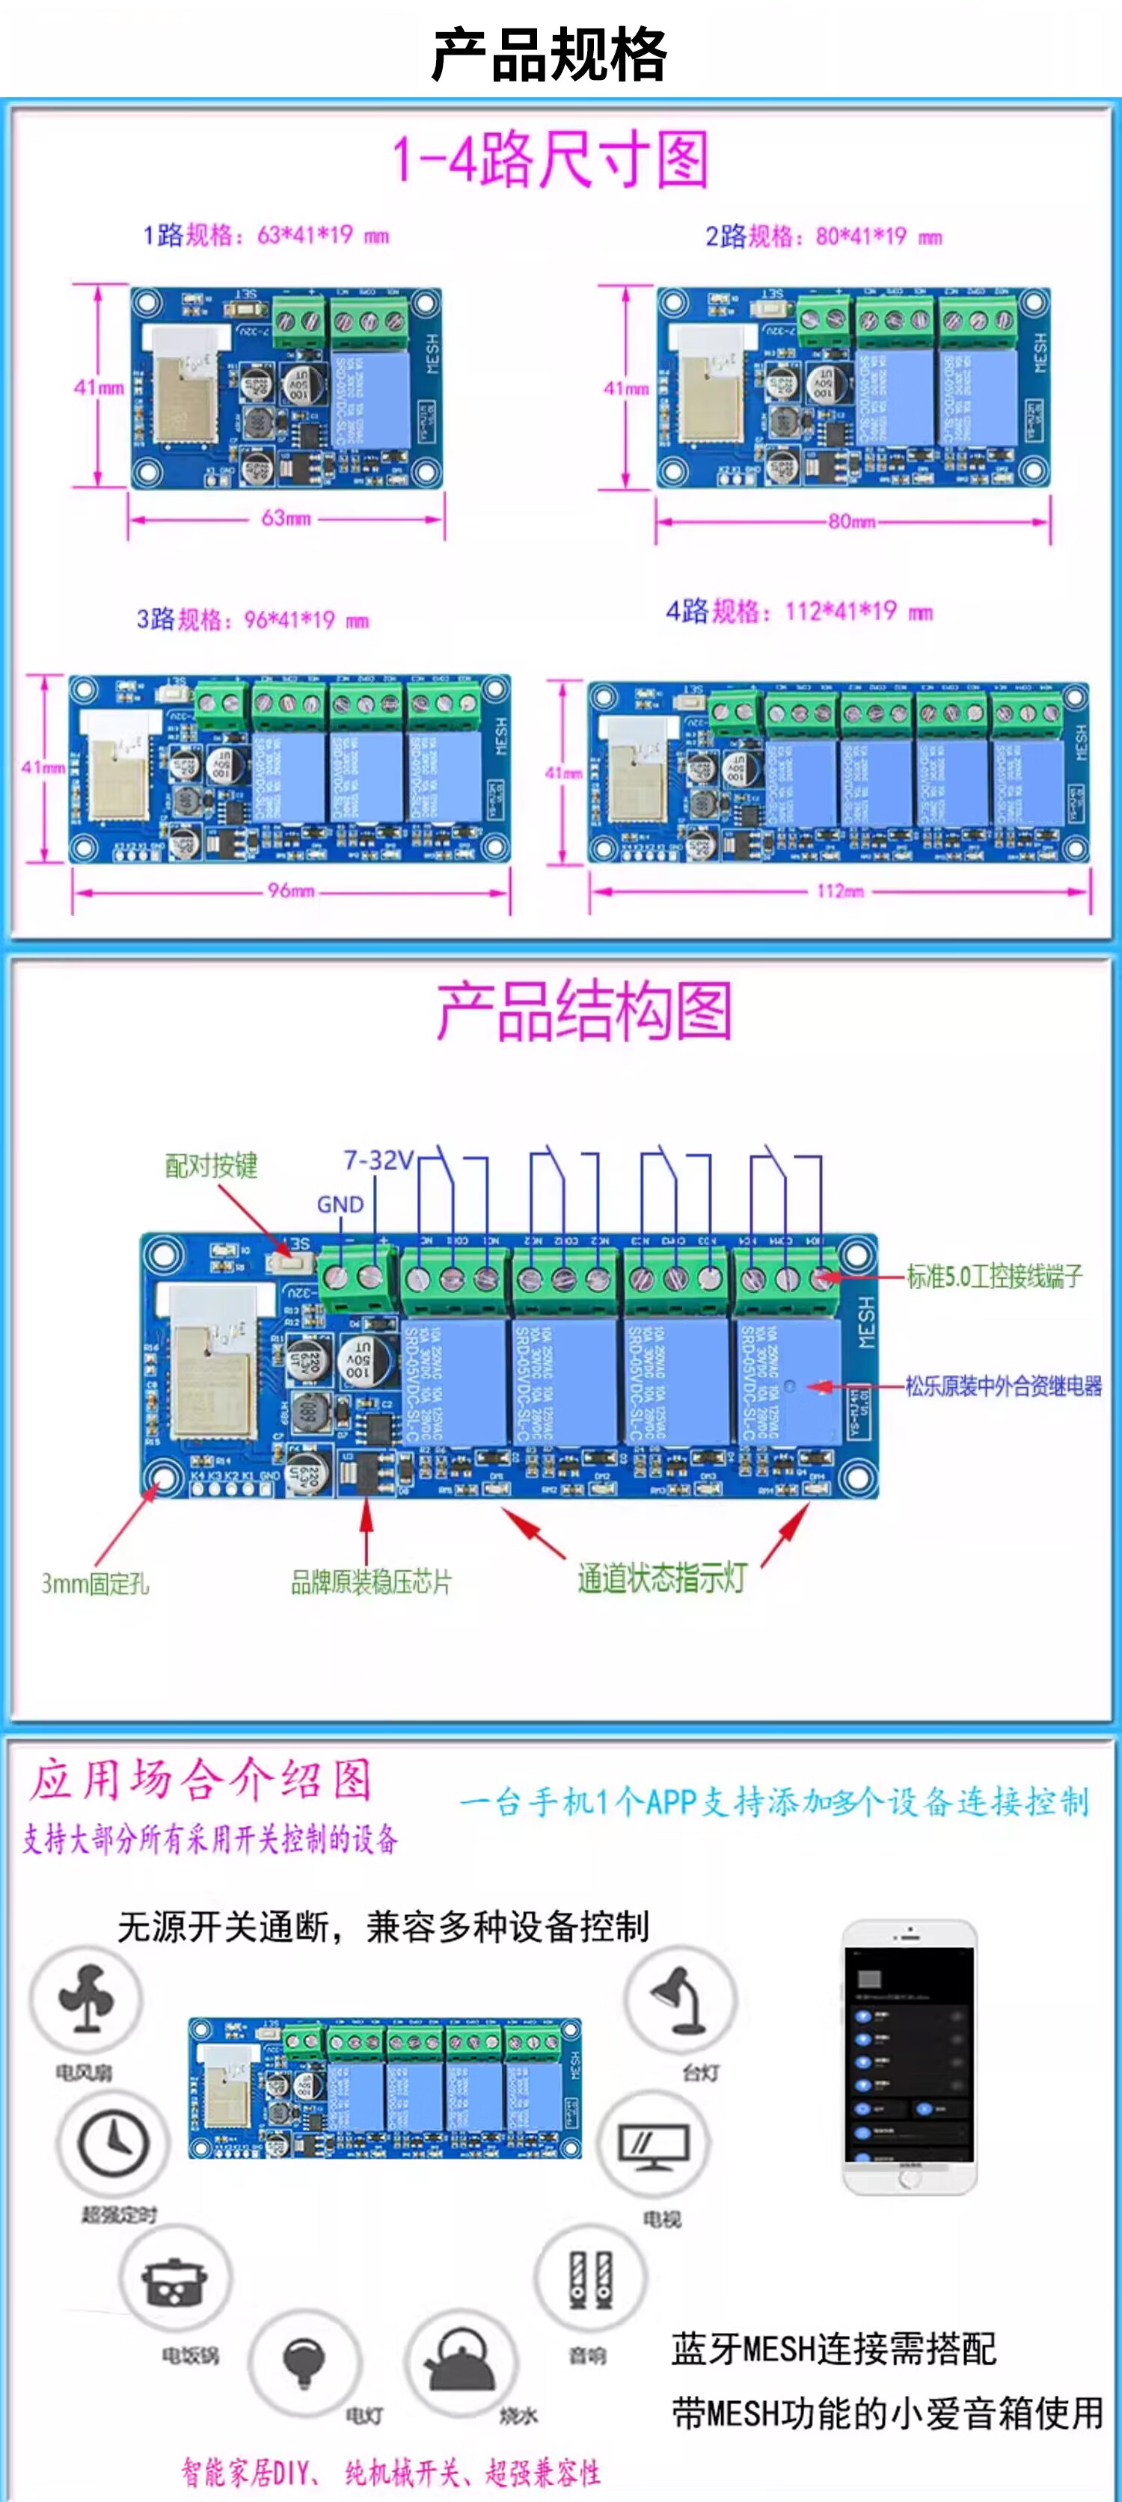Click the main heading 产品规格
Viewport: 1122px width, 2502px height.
pyautogui.click(x=550, y=55)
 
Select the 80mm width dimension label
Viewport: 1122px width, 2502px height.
pyautogui.click(x=852, y=522)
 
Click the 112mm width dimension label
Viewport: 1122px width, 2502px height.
pyautogui.click(x=840, y=891)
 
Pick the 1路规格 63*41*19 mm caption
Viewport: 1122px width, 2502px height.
pyautogui.click(x=266, y=235)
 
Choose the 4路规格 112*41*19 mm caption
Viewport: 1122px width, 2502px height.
pyautogui.click(x=799, y=612)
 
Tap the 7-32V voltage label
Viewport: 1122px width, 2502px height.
pyautogui.click(x=378, y=1160)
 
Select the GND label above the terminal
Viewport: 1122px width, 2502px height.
pyautogui.click(x=340, y=1205)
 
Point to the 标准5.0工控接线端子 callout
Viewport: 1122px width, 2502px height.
pyautogui.click(x=994, y=1276)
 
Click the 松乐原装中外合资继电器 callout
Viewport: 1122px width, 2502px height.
pyautogui.click(x=1004, y=1386)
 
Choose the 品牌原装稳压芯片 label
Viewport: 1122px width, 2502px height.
pyautogui.click(x=371, y=1582)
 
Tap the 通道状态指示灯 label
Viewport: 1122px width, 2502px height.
pyautogui.click(x=661, y=1579)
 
